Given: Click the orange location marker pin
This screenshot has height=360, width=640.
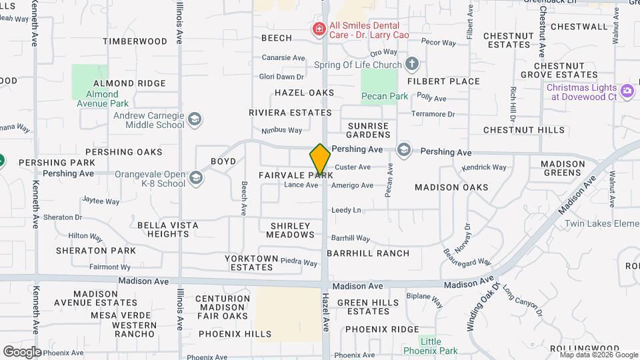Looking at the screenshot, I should pyautogui.click(x=320, y=160).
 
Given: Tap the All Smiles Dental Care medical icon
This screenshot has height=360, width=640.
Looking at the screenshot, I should pyautogui.click(x=319, y=29).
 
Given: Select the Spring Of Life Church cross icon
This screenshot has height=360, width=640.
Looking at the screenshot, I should pyautogui.click(x=412, y=64).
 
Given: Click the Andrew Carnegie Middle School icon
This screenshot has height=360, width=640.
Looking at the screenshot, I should pyautogui.click(x=194, y=119).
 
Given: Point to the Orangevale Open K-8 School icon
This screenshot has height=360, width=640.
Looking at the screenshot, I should pyautogui.click(x=196, y=177).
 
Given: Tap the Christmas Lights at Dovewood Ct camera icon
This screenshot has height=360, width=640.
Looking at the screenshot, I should pyautogui.click(x=627, y=91).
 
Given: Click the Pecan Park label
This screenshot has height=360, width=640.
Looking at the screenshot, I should pyautogui.click(x=385, y=96).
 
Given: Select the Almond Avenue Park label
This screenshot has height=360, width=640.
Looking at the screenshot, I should pyautogui.click(x=102, y=99).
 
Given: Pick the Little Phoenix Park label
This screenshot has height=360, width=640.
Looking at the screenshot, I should pyautogui.click(x=431, y=346).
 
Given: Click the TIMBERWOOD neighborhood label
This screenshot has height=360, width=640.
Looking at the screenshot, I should pyautogui.click(x=135, y=41).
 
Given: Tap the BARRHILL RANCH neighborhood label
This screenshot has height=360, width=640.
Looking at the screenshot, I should pyautogui.click(x=368, y=253).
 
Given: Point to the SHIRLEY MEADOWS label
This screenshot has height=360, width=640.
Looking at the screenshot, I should pyautogui.click(x=291, y=230).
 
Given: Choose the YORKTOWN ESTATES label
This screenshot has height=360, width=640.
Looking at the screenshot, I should pyautogui.click(x=251, y=263).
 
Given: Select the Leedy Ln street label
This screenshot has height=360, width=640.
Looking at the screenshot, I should pyautogui.click(x=346, y=210).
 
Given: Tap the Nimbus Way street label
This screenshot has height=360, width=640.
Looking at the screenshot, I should pyautogui.click(x=281, y=131).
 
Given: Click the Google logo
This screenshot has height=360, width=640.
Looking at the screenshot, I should pyautogui.click(x=21, y=351).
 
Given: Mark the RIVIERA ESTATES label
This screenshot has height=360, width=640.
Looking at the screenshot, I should pyautogui.click(x=290, y=113).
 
